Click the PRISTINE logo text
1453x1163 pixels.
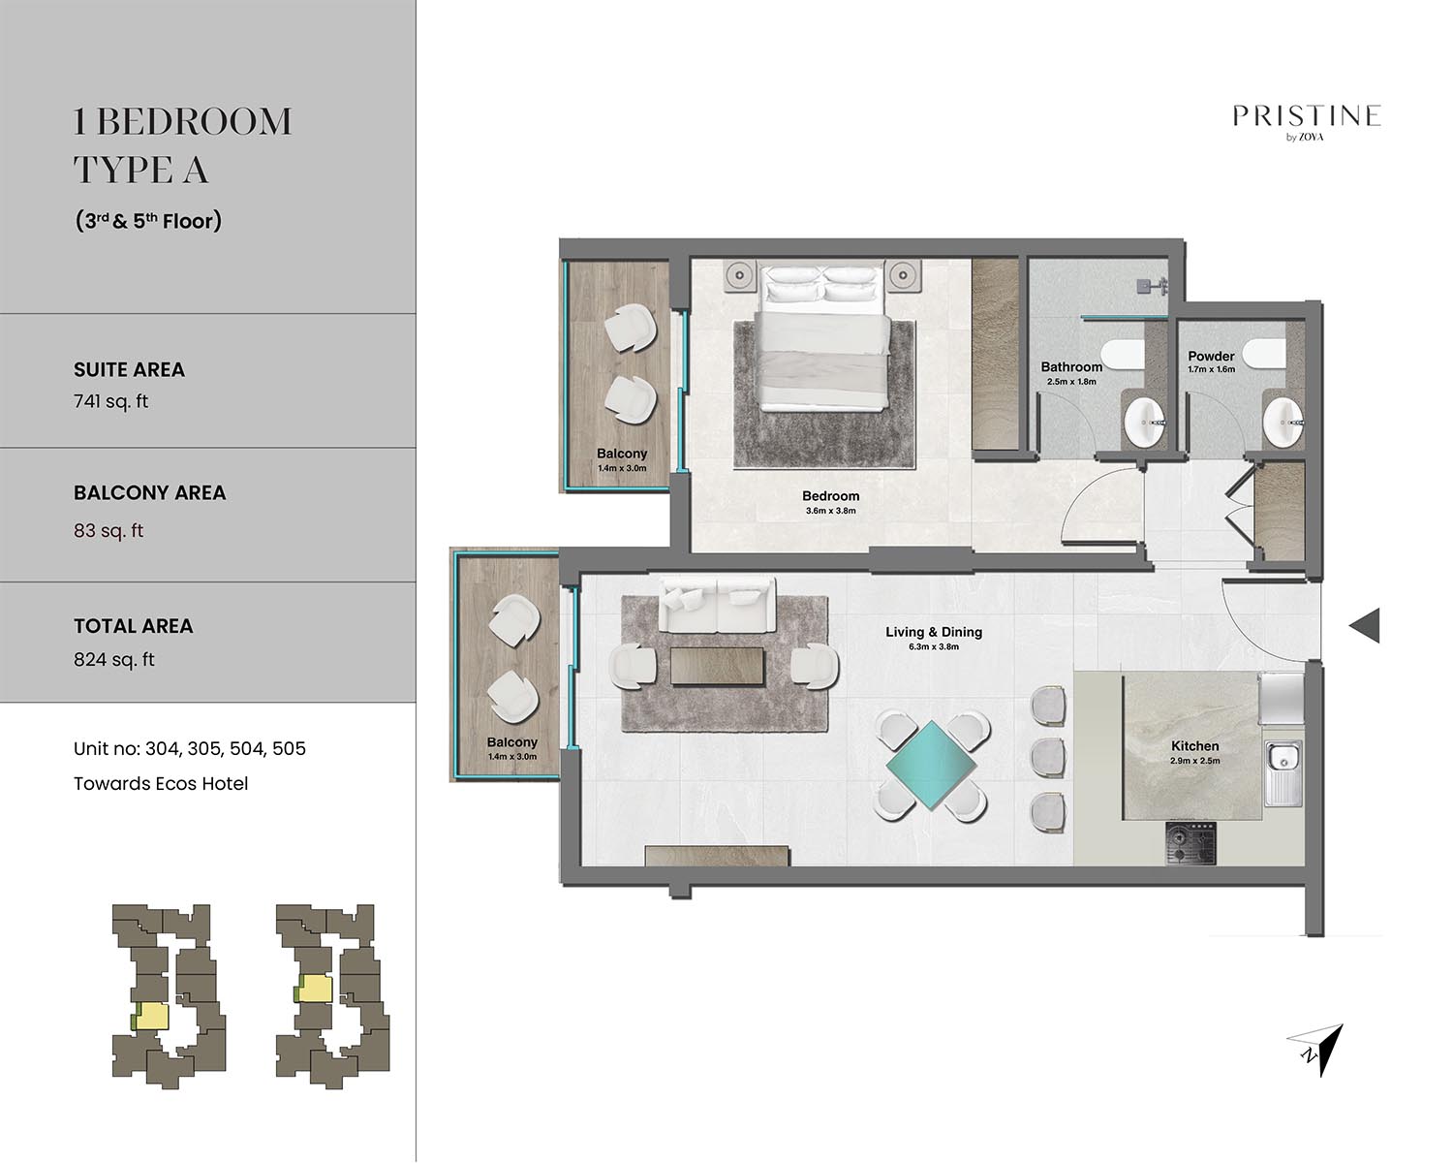1306,116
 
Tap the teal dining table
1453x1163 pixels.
931,765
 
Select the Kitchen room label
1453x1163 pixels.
1194,746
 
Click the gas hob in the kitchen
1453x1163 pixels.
1190,843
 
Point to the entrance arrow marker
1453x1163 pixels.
1364,625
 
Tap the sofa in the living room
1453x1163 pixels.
717,604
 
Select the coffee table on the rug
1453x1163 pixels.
717,667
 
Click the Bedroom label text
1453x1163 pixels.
830,496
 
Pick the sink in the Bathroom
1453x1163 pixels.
1144,422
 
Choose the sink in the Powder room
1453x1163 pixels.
1283,422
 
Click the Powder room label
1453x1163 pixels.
1211,356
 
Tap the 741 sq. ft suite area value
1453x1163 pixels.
110,401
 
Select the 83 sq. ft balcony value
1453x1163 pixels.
108,530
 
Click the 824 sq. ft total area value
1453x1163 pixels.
114,660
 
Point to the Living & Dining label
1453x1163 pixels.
933,632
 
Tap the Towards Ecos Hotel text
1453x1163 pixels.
161,783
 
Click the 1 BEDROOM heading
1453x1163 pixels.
182,122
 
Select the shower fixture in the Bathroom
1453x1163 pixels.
1152,286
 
